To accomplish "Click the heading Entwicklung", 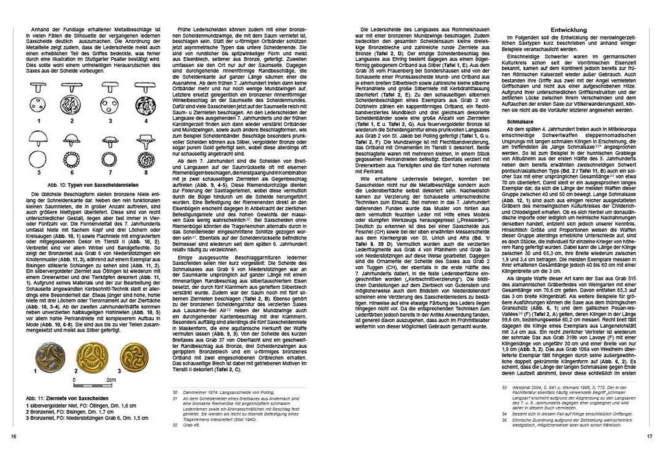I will click(x=568, y=30).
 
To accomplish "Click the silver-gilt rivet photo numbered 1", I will click(x=49, y=356).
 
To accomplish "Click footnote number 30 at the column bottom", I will click(x=175, y=393).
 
